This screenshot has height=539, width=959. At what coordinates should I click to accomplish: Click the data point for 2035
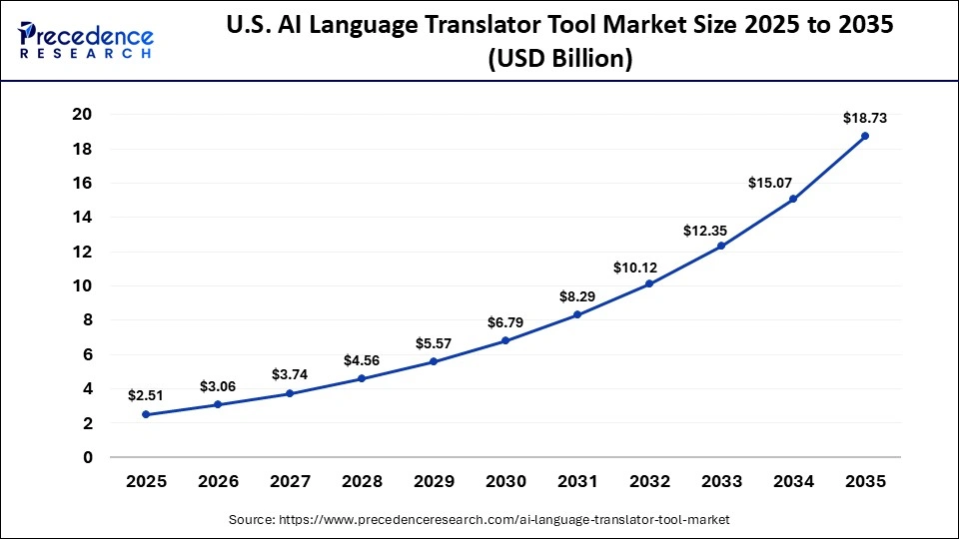point(864,136)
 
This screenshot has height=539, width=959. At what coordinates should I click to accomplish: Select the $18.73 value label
point(864,118)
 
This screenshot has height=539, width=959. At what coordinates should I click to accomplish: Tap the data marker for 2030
point(505,340)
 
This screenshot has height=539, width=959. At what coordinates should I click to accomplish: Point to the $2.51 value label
point(146,396)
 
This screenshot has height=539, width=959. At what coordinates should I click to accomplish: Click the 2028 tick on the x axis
point(362,481)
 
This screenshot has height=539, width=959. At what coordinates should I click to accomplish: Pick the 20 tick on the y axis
point(82,115)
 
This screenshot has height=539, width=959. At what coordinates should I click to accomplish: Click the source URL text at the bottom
point(479,520)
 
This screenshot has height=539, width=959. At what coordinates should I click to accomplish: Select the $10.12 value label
point(635,267)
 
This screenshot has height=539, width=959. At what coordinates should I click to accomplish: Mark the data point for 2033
point(721,246)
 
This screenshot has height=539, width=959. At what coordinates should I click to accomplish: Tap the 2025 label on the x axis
point(146,481)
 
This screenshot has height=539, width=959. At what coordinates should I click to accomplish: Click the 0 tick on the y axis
point(88,457)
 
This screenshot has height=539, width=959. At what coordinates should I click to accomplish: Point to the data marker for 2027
point(290,393)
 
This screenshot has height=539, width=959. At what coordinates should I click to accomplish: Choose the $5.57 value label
point(434,343)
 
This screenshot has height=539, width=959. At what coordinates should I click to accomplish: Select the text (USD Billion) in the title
point(559,60)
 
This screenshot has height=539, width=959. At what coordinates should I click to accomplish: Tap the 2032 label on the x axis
point(649,481)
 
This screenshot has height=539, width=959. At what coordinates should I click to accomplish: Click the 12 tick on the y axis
point(82,252)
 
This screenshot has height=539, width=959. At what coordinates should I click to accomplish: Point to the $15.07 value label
point(769,183)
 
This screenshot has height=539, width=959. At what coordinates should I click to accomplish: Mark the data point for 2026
point(218,404)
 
